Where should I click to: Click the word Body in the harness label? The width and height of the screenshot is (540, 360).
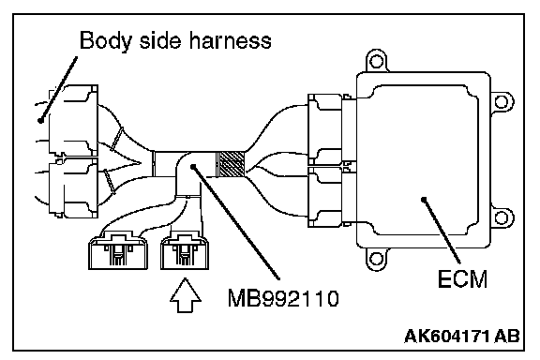pyautogui.click(x=105, y=41)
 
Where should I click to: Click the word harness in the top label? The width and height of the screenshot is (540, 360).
pyautogui.click(x=230, y=40)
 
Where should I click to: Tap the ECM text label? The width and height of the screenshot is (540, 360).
pyautogui.click(x=462, y=278)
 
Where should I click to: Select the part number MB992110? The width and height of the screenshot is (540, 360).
pyautogui.click(x=283, y=298)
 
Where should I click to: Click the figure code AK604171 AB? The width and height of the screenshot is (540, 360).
pyautogui.click(x=462, y=336)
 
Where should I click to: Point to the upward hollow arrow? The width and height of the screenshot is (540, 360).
pyautogui.click(x=186, y=295)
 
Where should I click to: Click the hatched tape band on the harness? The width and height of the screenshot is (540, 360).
pyautogui.click(x=231, y=164)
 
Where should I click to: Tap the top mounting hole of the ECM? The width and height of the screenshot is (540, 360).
pyautogui.click(x=376, y=61)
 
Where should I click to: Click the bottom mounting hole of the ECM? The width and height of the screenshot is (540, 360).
pyautogui.click(x=376, y=259)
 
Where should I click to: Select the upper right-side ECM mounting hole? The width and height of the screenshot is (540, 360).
pyautogui.click(x=502, y=102)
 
